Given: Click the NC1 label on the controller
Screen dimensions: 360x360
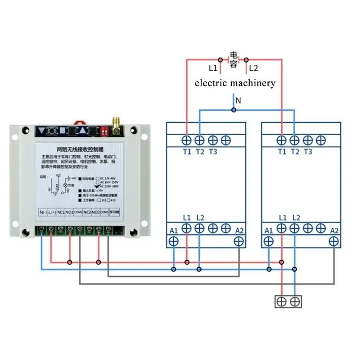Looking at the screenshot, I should pos(60,211).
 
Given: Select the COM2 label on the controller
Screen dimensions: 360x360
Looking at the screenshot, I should pos(104,211).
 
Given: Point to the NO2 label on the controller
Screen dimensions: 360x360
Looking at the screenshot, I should pos(95,211).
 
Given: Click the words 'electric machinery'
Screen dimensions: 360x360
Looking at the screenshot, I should pos(234,83).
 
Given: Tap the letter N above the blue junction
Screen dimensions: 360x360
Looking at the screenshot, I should pos(238,100).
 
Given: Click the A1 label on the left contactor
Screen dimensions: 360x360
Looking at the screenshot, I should pos(174,231).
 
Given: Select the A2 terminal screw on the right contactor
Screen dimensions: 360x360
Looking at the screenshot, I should pos(333,241).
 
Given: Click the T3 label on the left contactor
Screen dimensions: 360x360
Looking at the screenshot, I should pos(213,152).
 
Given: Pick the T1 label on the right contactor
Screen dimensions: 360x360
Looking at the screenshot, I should pos(282,152).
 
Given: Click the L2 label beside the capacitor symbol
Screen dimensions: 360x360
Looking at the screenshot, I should pos(254,68).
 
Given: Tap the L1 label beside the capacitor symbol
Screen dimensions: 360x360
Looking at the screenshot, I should pos(213,68).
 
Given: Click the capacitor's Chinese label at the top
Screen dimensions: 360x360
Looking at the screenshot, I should pos(234,59).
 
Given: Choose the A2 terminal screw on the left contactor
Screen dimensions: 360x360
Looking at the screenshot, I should pos(238,241).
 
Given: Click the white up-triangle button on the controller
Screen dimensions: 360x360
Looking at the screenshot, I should pos(83,131).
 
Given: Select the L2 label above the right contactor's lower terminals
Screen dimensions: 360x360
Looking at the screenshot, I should pos(296,218).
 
